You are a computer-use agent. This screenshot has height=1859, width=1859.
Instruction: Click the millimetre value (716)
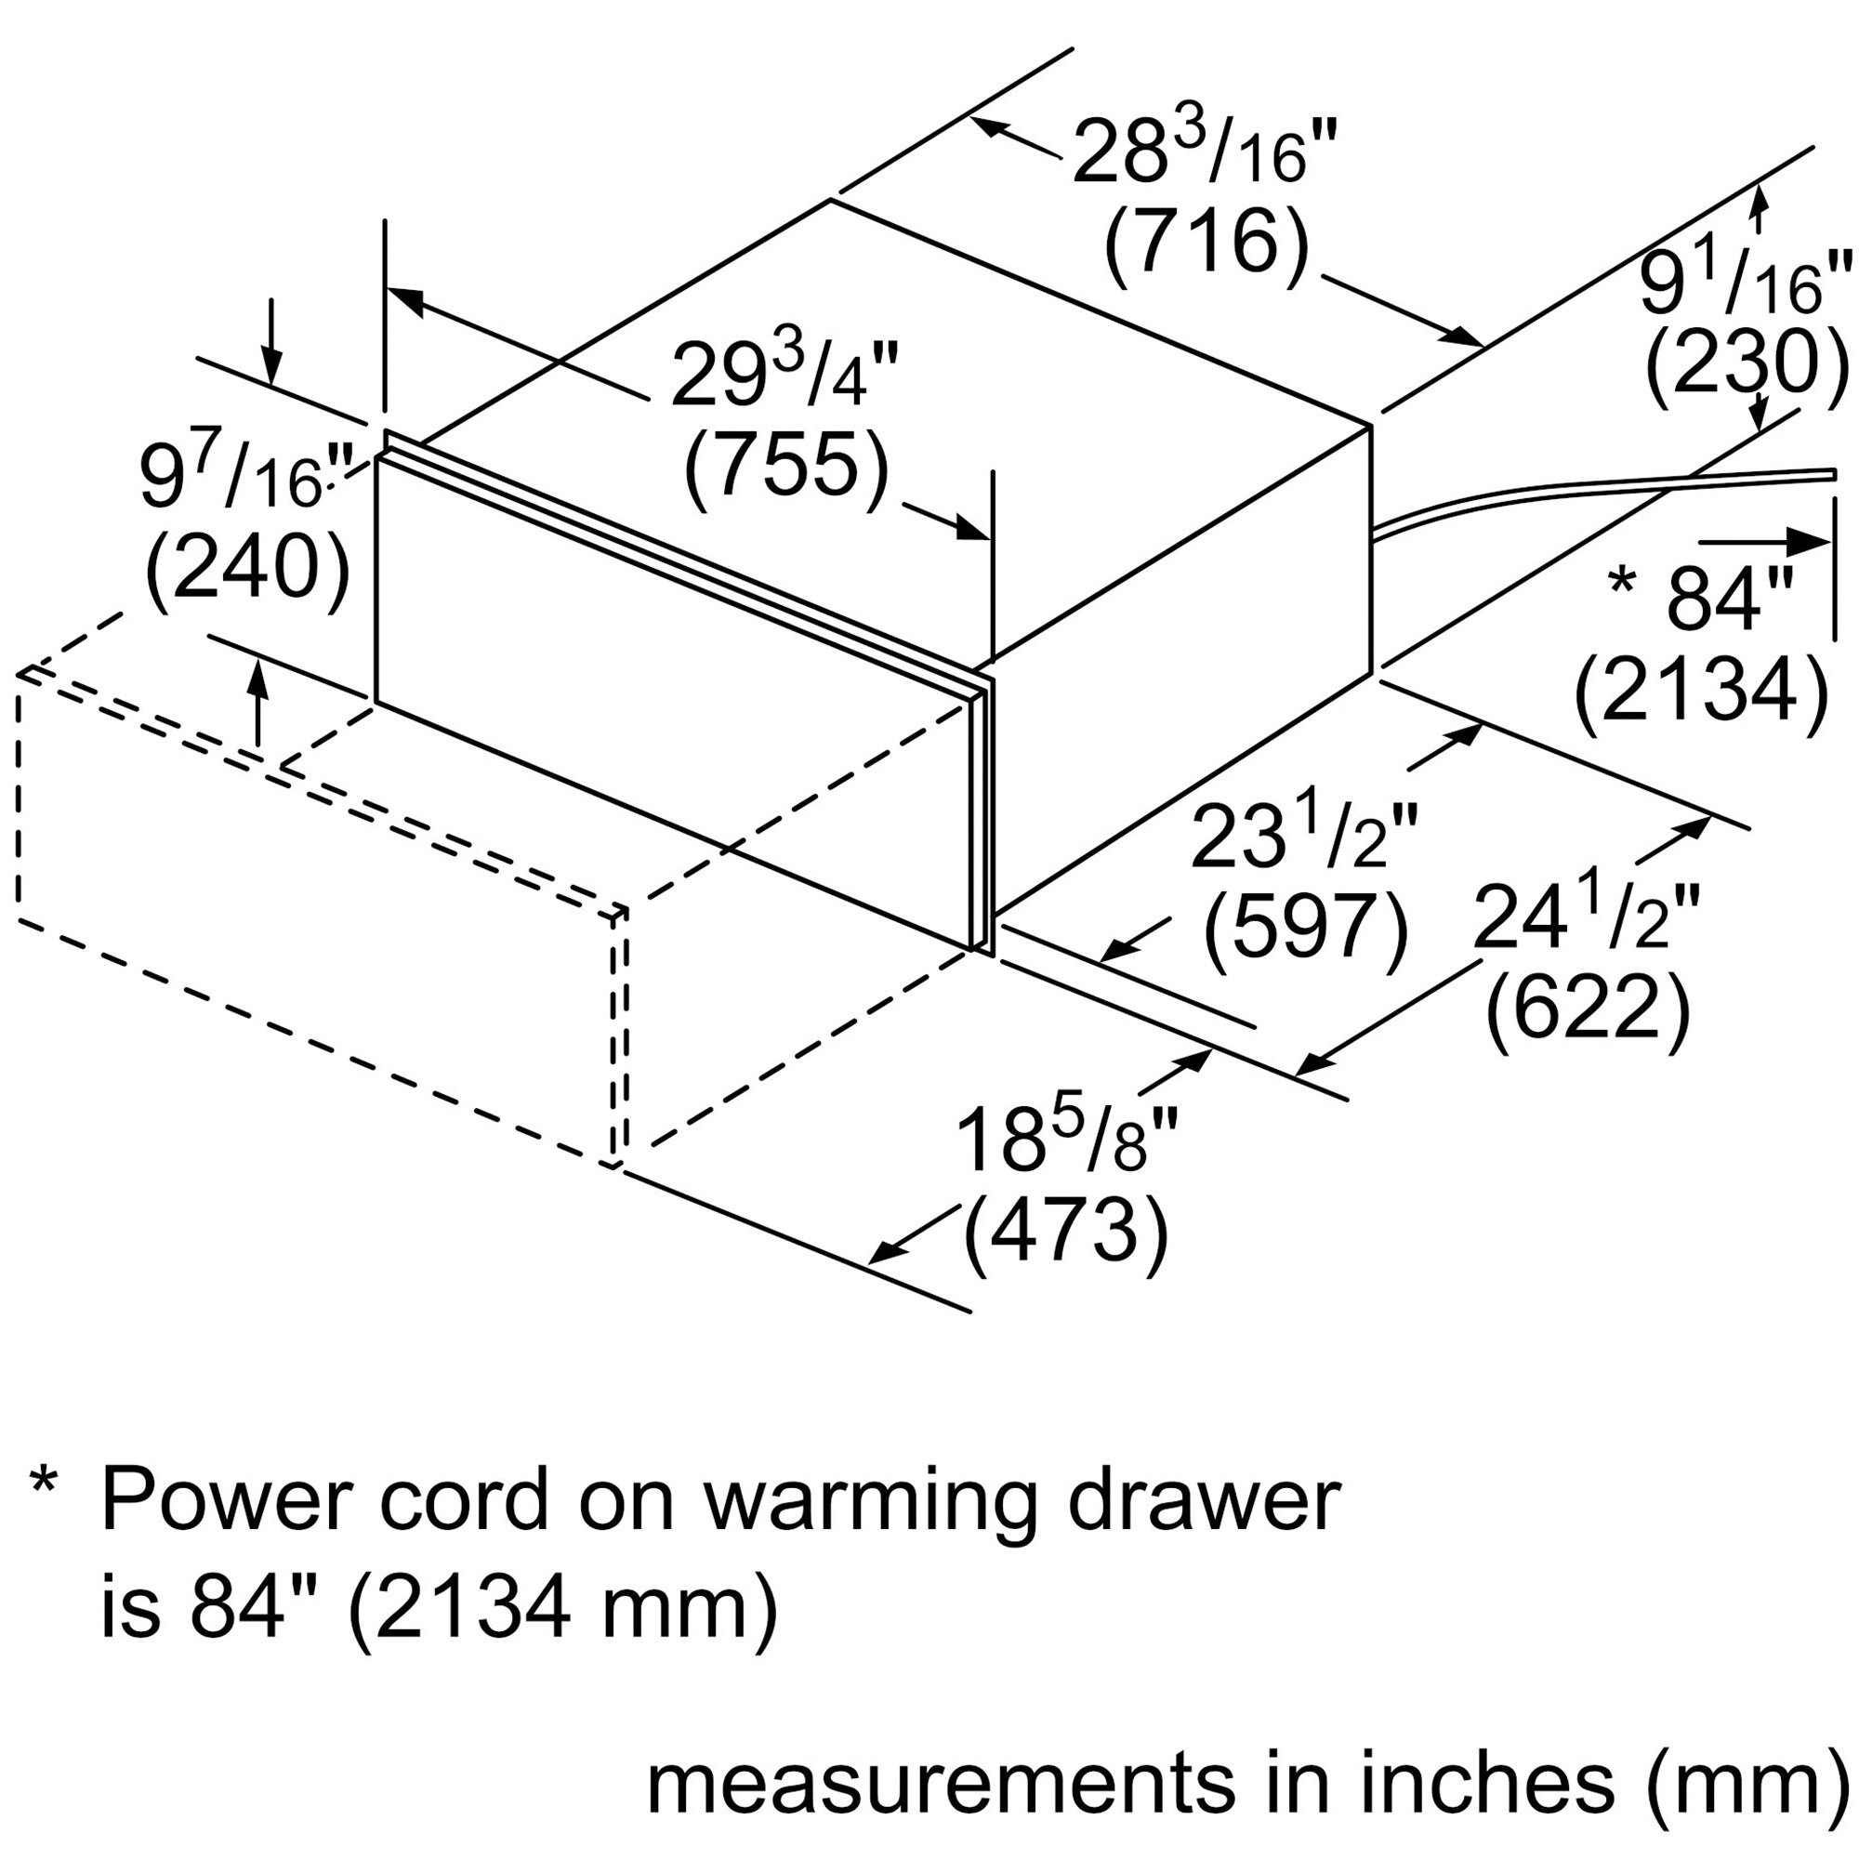1206,248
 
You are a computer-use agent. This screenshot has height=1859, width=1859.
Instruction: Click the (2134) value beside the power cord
1700,689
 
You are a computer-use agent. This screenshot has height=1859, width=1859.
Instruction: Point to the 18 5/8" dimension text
1066,1142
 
